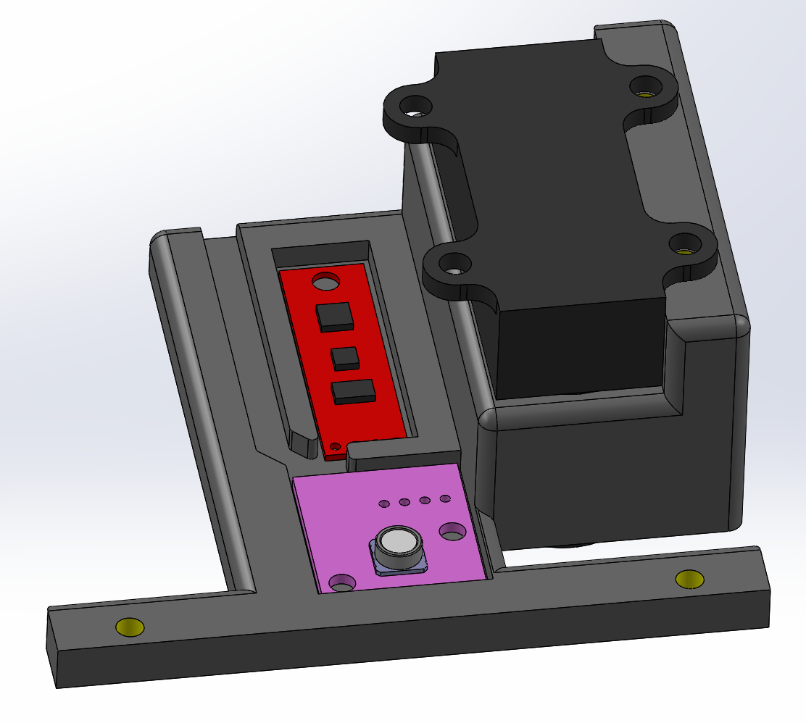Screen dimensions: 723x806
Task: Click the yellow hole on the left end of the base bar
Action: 130,627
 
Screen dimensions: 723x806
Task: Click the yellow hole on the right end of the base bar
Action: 689,579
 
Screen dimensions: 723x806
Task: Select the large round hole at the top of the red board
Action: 325,280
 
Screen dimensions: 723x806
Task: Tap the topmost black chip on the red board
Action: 334,317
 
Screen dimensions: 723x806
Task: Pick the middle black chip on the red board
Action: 344,356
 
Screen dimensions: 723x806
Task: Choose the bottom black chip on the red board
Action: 353,391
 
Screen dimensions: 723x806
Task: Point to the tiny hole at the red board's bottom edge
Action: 334,446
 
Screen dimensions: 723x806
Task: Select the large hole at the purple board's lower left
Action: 342,582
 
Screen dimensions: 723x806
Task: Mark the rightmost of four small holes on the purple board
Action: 445,498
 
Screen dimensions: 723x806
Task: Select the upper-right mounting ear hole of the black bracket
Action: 644,88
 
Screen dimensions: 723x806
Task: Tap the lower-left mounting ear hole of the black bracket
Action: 454,263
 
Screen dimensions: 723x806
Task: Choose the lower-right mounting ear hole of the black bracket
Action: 684,245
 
